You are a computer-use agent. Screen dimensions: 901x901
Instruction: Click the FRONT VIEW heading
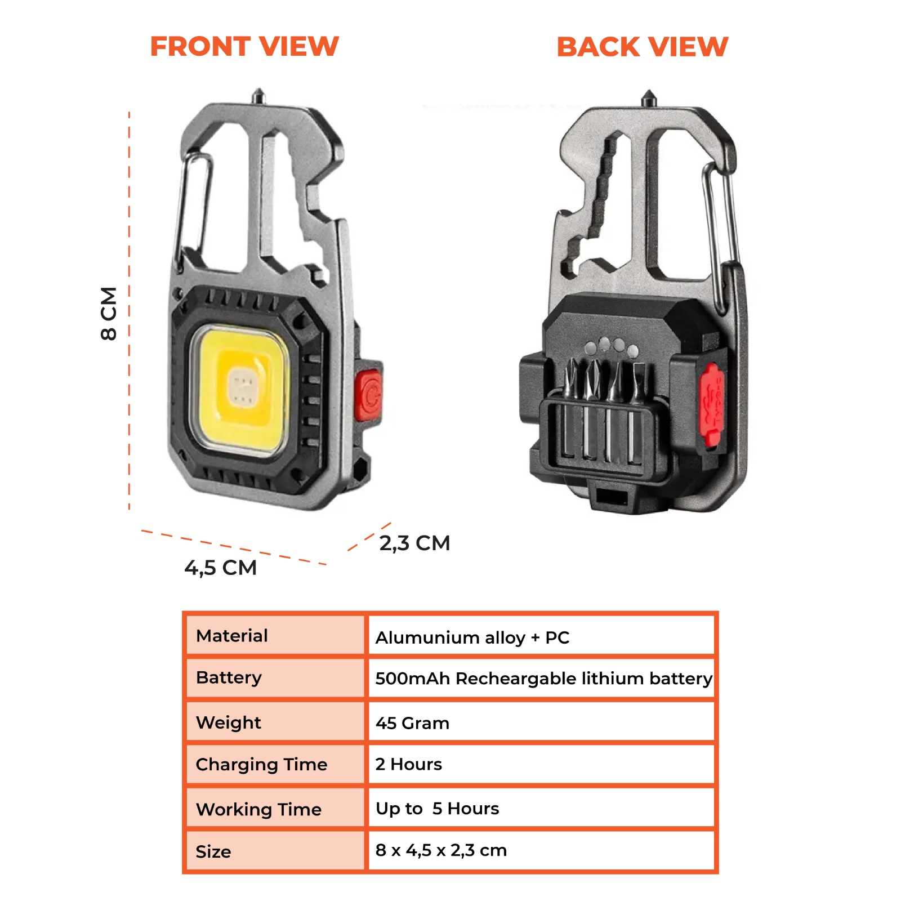pyautogui.click(x=244, y=46)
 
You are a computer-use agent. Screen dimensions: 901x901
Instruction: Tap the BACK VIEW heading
pyautogui.click(x=643, y=47)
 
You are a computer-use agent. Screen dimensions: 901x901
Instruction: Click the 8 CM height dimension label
pyautogui.click(x=109, y=314)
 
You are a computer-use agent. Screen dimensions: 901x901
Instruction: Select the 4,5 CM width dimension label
pyautogui.click(x=221, y=568)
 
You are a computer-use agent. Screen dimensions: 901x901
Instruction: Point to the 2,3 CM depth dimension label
pyautogui.click(x=415, y=543)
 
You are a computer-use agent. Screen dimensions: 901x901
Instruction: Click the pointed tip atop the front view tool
pyautogui.click(x=258, y=90)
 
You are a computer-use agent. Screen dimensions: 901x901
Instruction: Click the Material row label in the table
pyautogui.click(x=231, y=636)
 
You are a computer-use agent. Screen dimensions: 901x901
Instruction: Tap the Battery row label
pyautogui.click(x=229, y=678)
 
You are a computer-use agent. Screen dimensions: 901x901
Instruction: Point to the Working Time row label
pyautogui.click(x=258, y=809)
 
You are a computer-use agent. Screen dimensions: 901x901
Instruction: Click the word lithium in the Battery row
pyautogui.click(x=613, y=678)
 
